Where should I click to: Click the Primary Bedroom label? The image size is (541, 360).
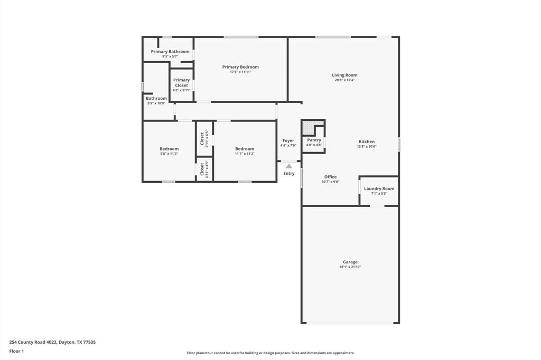click(240, 67)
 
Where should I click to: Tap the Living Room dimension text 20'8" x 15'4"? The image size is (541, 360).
click(344, 80)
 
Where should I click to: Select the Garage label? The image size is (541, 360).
click(350, 262)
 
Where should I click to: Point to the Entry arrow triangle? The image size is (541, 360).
click(289, 166)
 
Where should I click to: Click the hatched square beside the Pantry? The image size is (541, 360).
click(308, 127)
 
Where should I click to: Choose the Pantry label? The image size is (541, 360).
click(314, 140)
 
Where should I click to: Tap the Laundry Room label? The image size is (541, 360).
click(379, 188)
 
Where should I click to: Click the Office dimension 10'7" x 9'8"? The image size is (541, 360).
click(330, 182)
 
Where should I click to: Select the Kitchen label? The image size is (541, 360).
click(367, 141)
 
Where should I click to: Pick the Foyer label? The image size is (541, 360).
click(288, 141)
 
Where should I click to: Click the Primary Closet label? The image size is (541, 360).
click(182, 83)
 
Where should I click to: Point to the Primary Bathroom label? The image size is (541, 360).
click(170, 51)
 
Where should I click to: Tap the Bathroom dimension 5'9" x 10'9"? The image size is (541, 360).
click(156, 103)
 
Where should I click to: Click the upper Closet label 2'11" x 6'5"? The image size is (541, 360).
click(204, 139)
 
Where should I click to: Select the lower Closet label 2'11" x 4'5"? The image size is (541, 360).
click(204, 169)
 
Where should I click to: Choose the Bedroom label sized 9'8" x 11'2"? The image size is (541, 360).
click(169, 149)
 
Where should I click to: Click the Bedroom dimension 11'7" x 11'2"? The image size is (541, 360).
click(245, 154)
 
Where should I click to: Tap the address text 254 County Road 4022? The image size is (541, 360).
click(33, 343)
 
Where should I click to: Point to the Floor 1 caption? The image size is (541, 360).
click(16, 352)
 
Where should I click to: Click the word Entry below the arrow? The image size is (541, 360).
click(289, 174)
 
